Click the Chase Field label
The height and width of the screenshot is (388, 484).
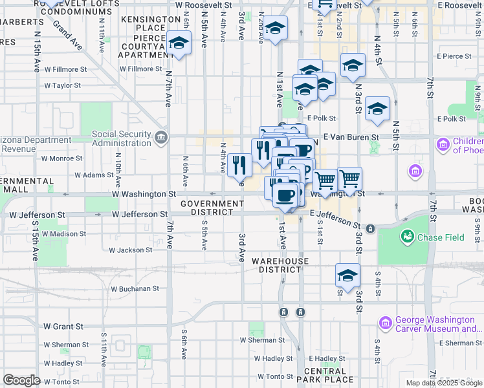(441, 237)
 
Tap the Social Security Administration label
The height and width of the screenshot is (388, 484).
(122, 138)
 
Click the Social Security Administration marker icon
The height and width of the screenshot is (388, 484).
(160, 137)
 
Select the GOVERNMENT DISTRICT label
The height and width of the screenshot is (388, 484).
(212, 208)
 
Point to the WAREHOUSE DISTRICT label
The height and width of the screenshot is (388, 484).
(280, 265)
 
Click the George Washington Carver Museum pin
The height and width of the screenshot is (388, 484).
(386, 323)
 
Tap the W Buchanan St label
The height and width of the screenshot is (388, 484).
(135, 289)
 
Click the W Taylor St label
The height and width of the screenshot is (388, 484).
(61, 85)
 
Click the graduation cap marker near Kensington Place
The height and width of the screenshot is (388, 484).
(178, 44)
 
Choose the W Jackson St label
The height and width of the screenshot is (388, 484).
(130, 250)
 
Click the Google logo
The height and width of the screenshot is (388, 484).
(21, 380)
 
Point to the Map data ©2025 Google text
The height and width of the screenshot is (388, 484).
(443, 383)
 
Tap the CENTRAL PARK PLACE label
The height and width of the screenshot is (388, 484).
(329, 375)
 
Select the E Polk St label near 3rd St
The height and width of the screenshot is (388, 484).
(322, 118)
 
